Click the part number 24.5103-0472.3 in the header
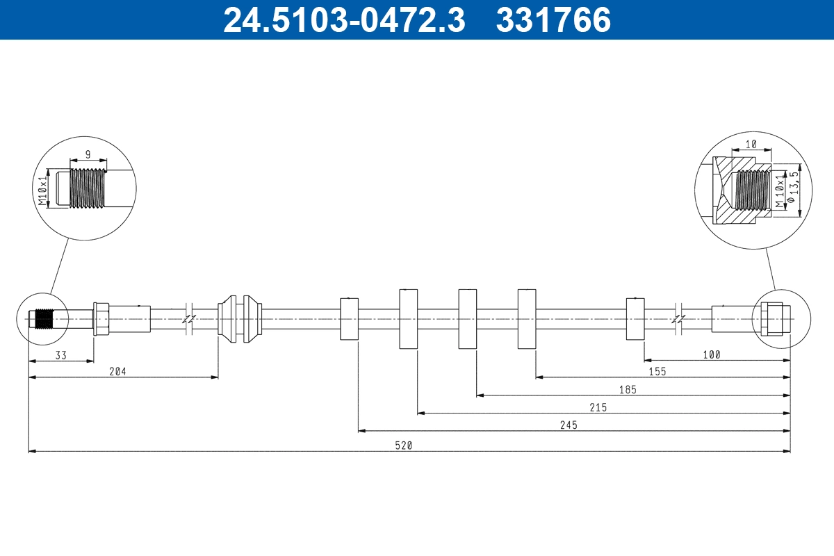point(343,20)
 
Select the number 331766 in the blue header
point(553,20)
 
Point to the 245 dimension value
point(569,425)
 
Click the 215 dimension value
point(598,408)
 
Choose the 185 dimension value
point(628,390)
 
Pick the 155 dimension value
point(657,372)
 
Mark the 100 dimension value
point(712,354)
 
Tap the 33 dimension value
point(61,354)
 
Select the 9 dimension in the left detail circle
point(88,155)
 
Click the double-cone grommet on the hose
point(240,319)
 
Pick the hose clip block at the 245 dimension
point(349,319)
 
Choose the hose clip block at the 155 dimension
point(527,319)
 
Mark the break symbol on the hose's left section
point(189,319)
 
